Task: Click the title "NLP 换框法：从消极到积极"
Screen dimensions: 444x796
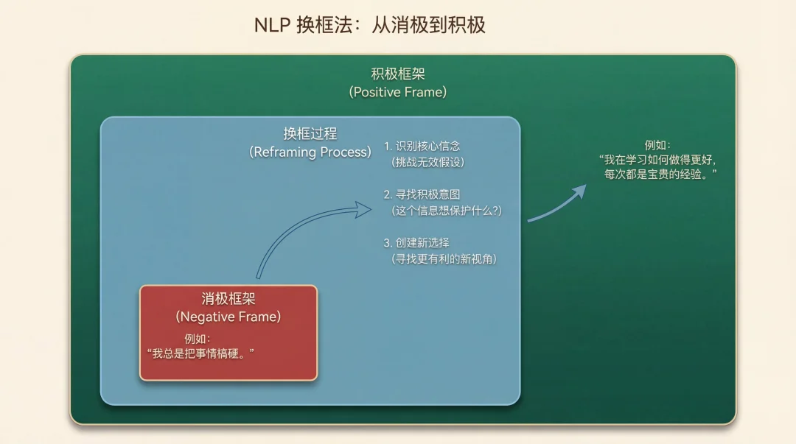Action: (370, 25)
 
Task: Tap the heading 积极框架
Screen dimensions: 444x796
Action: (398, 74)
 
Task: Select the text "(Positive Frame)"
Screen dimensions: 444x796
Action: (398, 92)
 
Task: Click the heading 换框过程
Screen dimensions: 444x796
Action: (310, 133)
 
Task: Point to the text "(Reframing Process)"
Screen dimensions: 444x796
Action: (310, 152)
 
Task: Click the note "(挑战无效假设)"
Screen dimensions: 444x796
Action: (428, 162)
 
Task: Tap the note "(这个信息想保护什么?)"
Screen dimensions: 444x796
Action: (447, 211)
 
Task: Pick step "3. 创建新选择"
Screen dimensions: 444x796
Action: (416, 242)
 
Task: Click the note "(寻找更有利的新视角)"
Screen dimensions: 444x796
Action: (444, 258)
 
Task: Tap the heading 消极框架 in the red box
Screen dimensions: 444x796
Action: (228, 299)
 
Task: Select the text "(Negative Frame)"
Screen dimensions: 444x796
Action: (228, 317)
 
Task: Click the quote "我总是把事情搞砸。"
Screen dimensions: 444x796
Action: (200, 353)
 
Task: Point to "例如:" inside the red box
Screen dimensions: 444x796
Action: (198, 339)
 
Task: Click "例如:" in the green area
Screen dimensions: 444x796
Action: (658, 145)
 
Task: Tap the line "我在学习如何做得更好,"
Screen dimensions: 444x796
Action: (657, 160)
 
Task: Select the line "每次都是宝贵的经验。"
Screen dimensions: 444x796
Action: (660, 175)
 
